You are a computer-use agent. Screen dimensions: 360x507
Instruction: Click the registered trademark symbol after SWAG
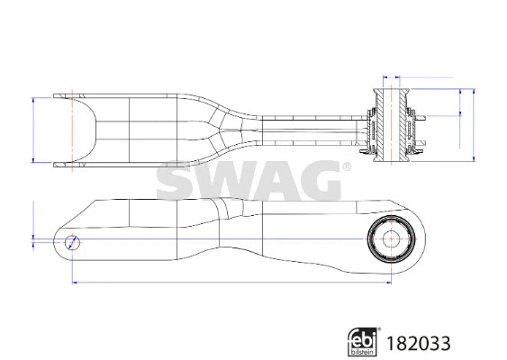pyautogui.click(x=346, y=166)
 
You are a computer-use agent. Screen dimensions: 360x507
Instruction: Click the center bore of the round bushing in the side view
pyautogui.click(x=392, y=239)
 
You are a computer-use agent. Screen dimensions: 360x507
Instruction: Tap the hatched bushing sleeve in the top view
pyautogui.click(x=392, y=124)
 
